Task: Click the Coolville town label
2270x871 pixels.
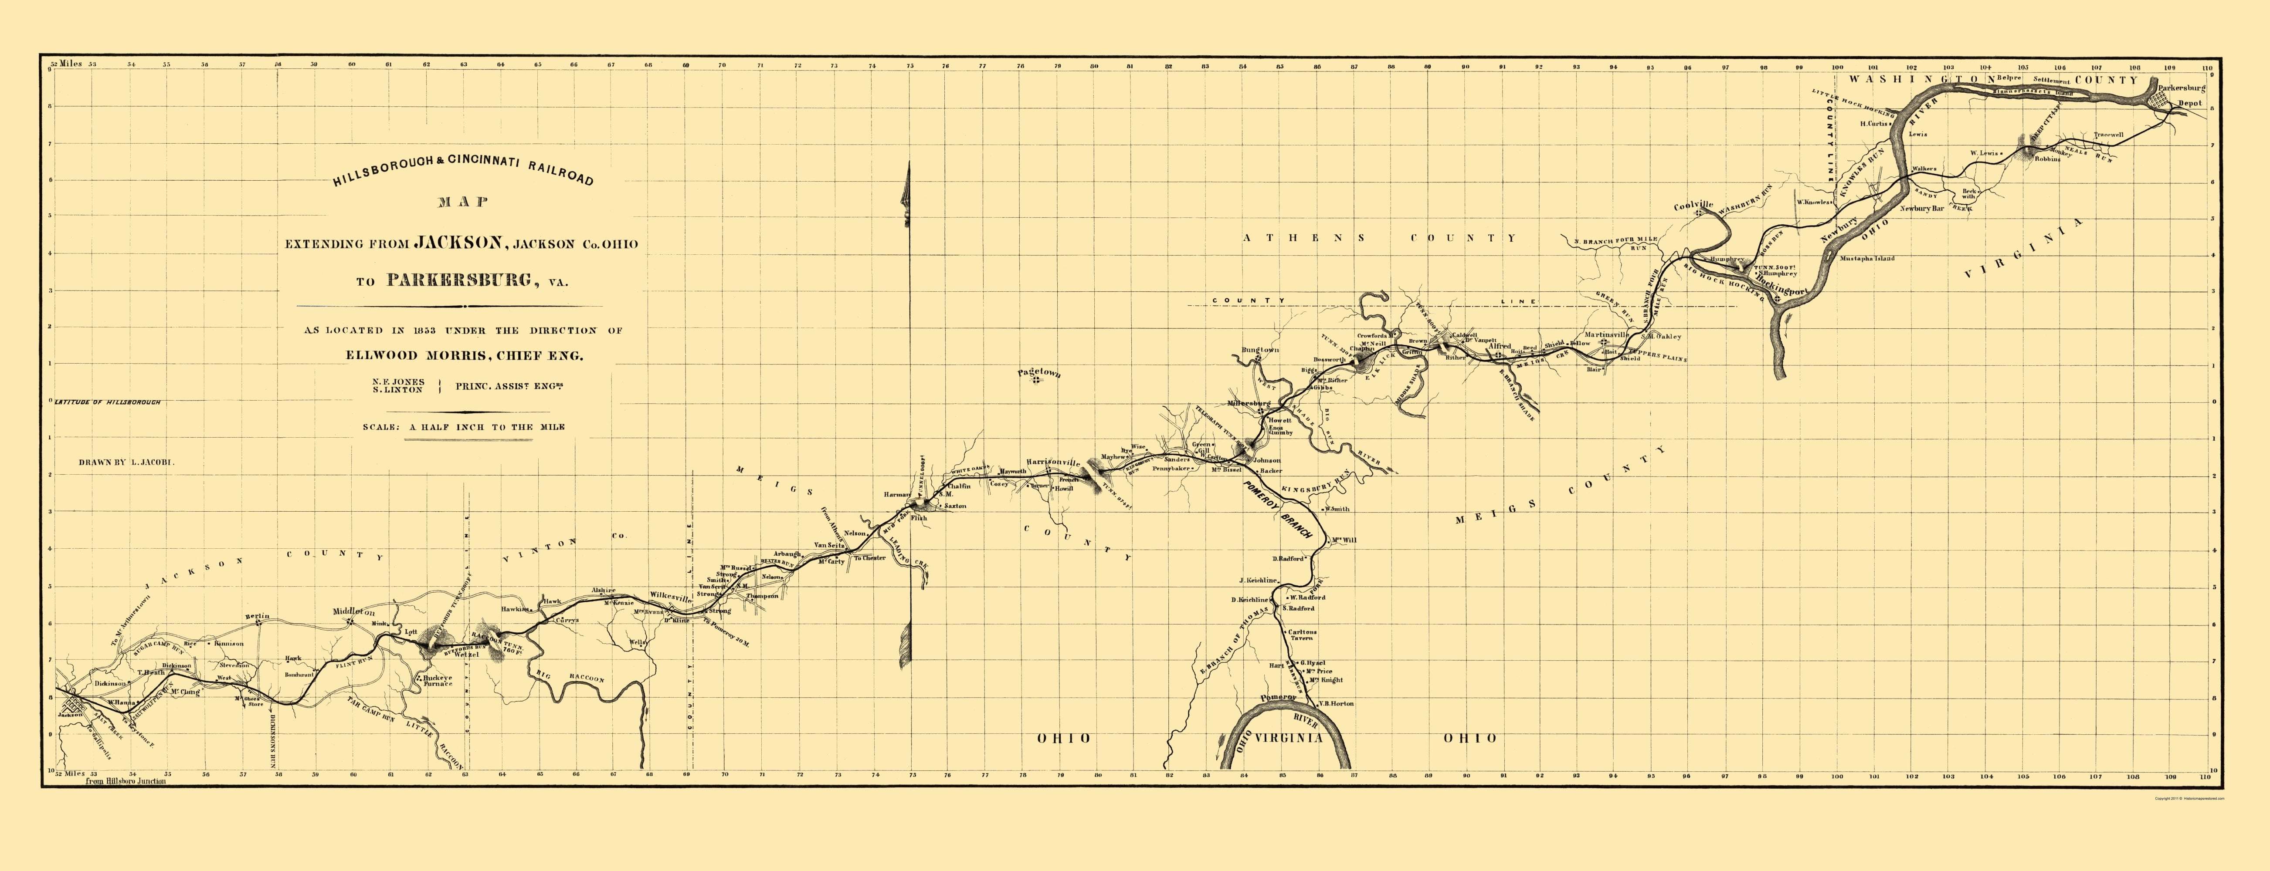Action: coord(1694,206)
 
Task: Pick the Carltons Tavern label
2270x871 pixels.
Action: coord(1302,636)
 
